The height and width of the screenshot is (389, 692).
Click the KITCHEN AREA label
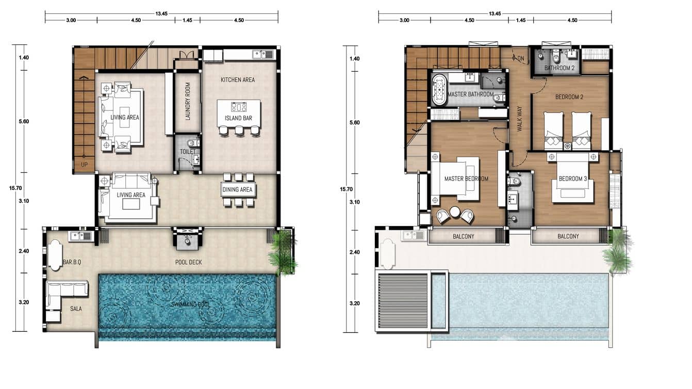[x=238, y=80]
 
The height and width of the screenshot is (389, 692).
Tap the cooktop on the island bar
[x=239, y=107]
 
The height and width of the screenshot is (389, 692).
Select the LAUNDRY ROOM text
[x=188, y=102]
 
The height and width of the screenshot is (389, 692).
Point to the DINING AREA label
[x=238, y=190]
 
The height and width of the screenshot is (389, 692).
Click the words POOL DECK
[x=188, y=263]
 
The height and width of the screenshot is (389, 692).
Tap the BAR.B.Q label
[x=72, y=263]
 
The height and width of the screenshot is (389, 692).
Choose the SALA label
[x=76, y=309]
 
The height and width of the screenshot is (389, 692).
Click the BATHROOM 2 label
[x=559, y=68]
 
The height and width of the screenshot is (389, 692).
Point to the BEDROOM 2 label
[x=569, y=97]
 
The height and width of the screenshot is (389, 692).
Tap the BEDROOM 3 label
[x=573, y=179]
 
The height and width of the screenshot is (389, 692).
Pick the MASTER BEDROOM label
[x=466, y=179]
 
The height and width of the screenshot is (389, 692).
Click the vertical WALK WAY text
[x=520, y=118]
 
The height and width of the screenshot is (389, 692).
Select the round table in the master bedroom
[x=455, y=212]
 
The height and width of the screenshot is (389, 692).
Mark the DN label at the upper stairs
[x=520, y=59]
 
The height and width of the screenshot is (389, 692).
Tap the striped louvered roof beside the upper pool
[x=403, y=300]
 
